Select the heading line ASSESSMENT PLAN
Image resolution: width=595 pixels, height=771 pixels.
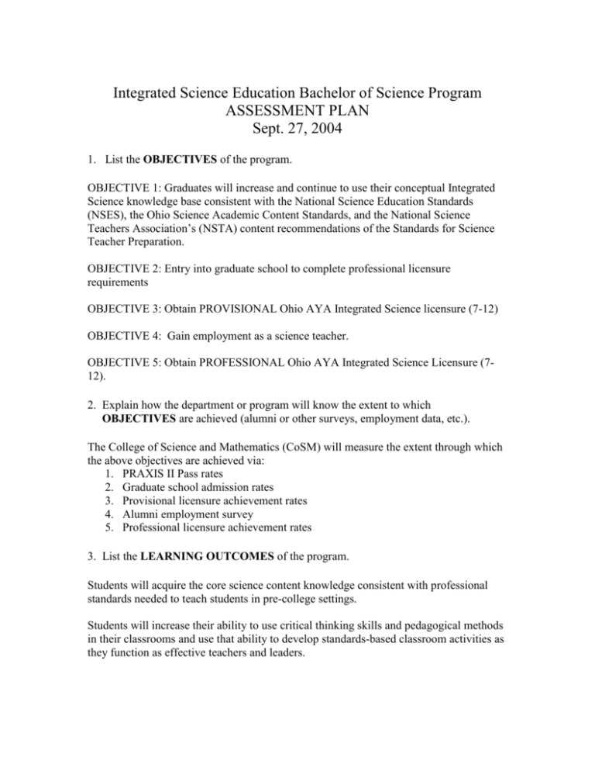297,118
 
